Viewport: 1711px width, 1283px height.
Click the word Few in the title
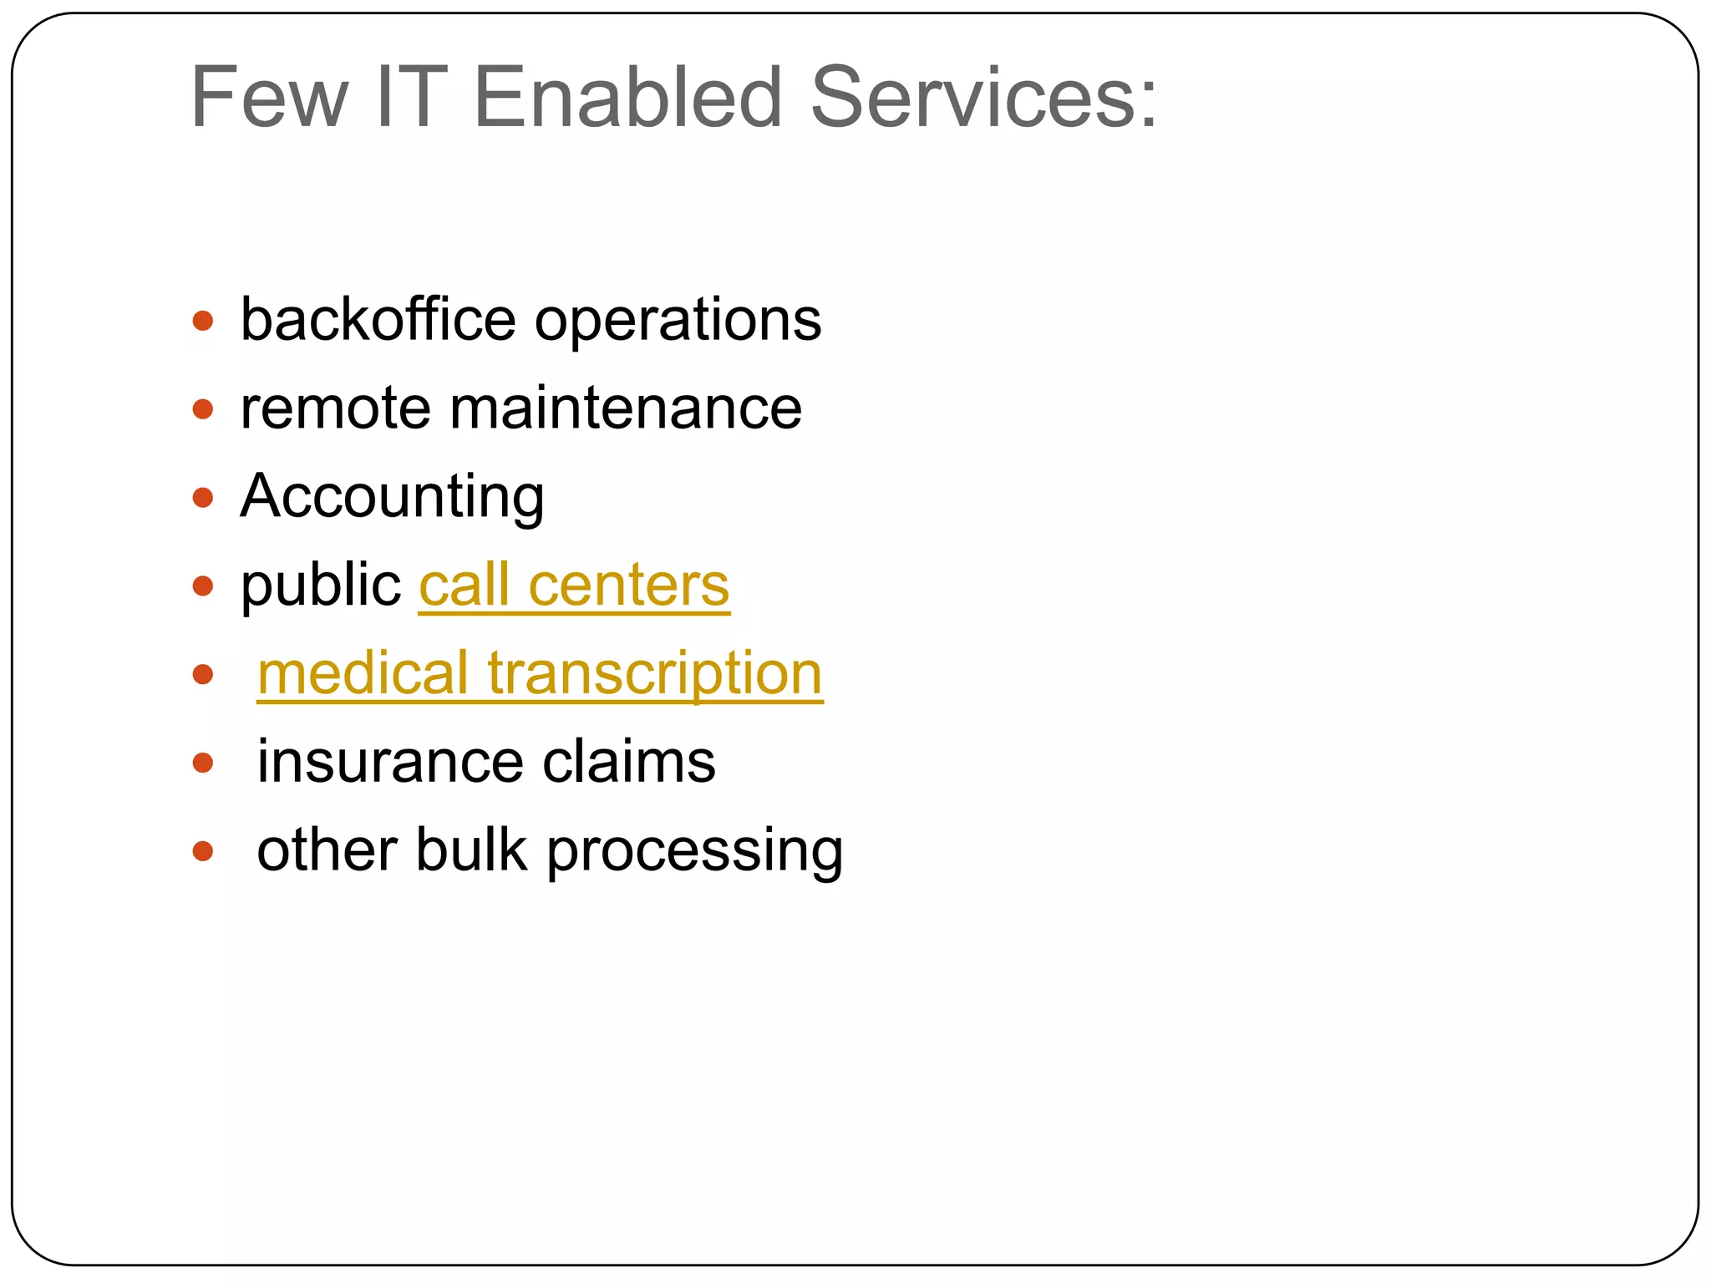pyautogui.click(x=269, y=99)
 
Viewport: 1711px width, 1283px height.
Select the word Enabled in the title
pyautogui.click(x=627, y=99)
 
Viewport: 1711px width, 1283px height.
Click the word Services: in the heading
pyautogui.click(x=984, y=99)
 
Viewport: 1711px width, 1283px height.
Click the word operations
pyautogui.click(x=678, y=322)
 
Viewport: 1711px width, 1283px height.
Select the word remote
pyautogui.click(x=336, y=409)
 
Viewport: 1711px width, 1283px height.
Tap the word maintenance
pyautogui.click(x=626, y=409)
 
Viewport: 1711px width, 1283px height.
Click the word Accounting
pyautogui.click(x=392, y=498)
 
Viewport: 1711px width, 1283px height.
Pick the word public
pyautogui.click(x=321, y=586)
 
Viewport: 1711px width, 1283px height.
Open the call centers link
pyautogui.click(x=574, y=586)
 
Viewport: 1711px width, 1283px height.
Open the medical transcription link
pyautogui.click(x=540, y=674)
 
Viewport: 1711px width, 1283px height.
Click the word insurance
pyautogui.click(x=390, y=762)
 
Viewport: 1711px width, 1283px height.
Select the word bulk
pyautogui.click(x=471, y=850)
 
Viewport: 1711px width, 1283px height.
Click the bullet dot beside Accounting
pyautogui.click(x=203, y=498)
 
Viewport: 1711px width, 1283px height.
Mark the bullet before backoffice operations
pyautogui.click(x=203, y=321)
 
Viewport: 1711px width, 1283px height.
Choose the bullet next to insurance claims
pyautogui.click(x=203, y=763)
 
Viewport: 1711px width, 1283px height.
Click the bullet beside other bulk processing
pyautogui.click(x=203, y=851)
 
